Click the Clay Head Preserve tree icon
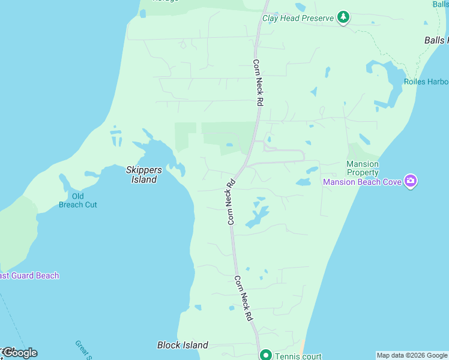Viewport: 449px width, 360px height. (x=343, y=17)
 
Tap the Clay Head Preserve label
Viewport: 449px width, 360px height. (x=298, y=18)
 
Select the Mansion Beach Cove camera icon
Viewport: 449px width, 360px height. (x=411, y=181)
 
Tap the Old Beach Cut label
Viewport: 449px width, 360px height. (x=78, y=200)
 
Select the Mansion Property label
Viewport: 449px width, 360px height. (x=363, y=168)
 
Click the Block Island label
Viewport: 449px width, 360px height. (x=182, y=345)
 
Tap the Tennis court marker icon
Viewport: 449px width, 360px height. (x=265, y=355)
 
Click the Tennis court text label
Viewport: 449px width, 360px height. (x=298, y=356)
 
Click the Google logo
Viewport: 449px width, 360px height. (x=20, y=353)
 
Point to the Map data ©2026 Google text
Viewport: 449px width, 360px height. (x=412, y=355)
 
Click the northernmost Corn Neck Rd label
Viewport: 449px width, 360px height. (x=258, y=83)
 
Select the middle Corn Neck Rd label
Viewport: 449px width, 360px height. (x=230, y=202)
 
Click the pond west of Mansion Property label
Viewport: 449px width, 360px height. (x=303, y=182)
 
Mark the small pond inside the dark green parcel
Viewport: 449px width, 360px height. (x=229, y=145)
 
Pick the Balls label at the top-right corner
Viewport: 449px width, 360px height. (x=440, y=4)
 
